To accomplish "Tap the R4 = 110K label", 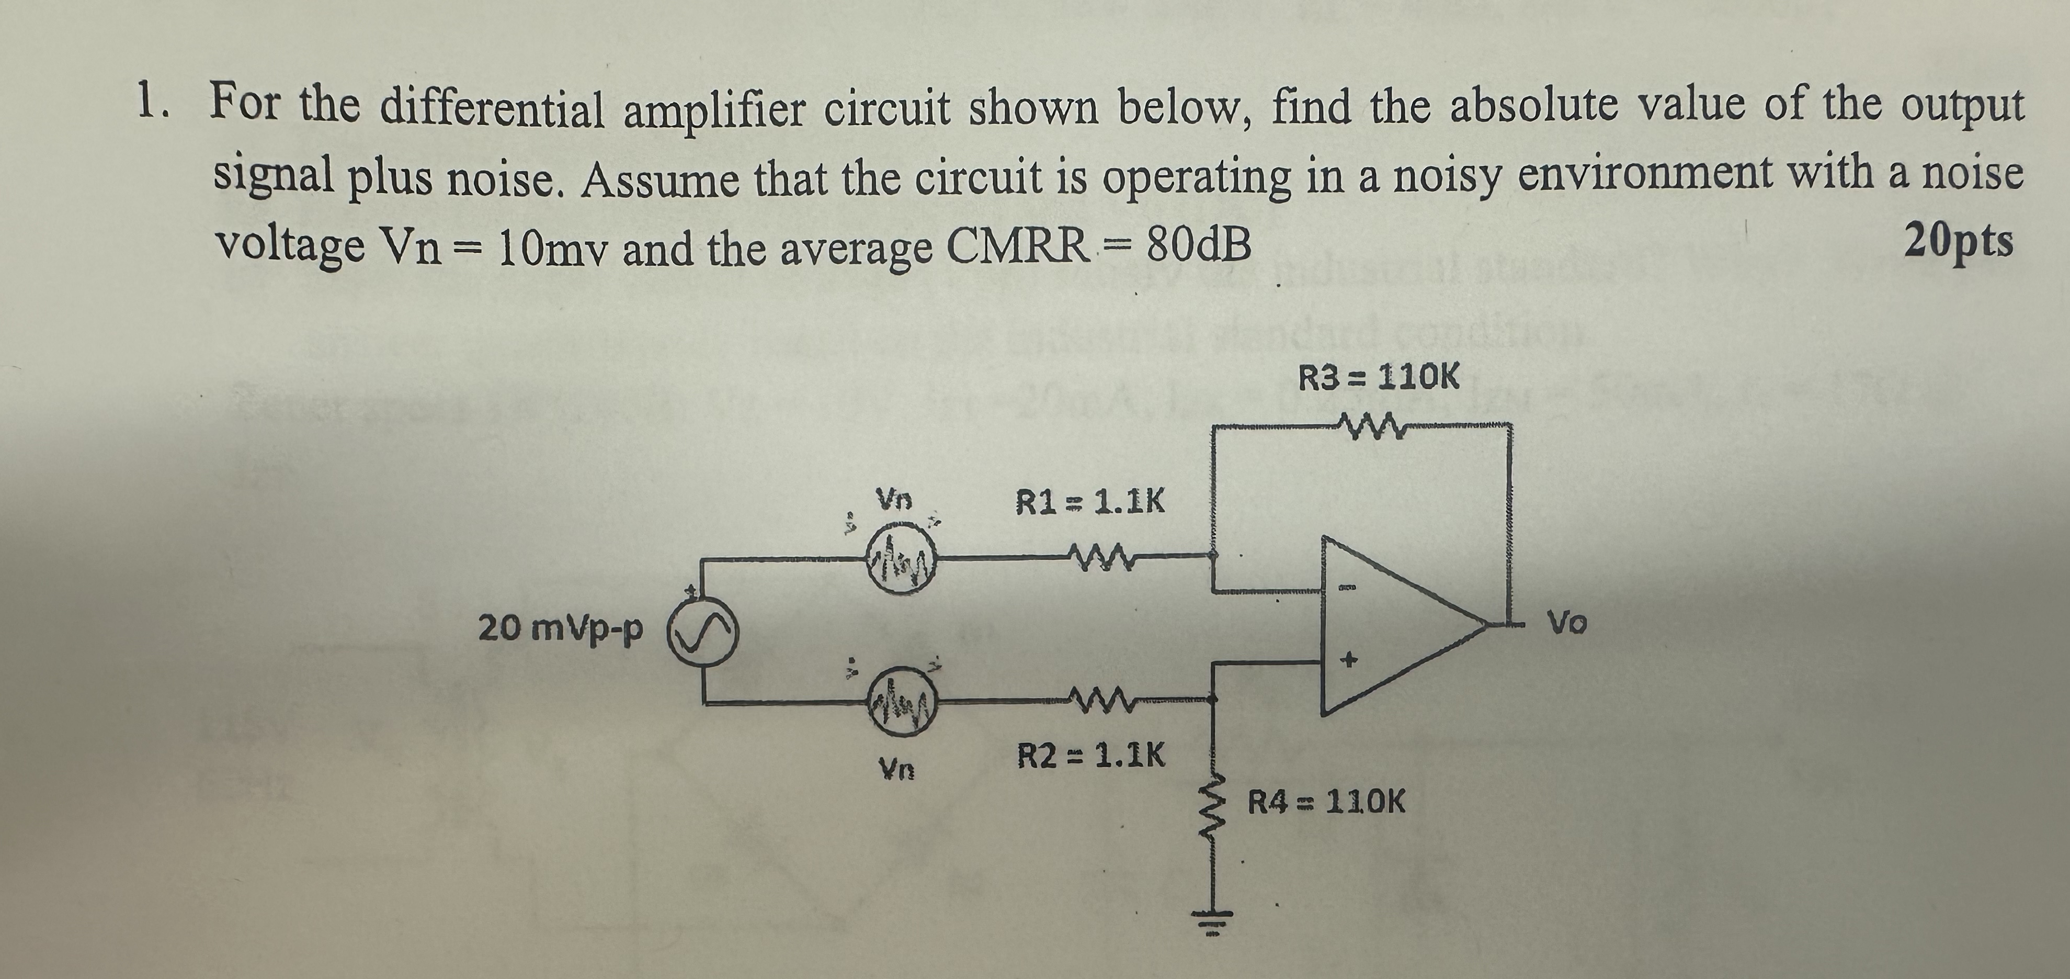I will point(1326,802).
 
